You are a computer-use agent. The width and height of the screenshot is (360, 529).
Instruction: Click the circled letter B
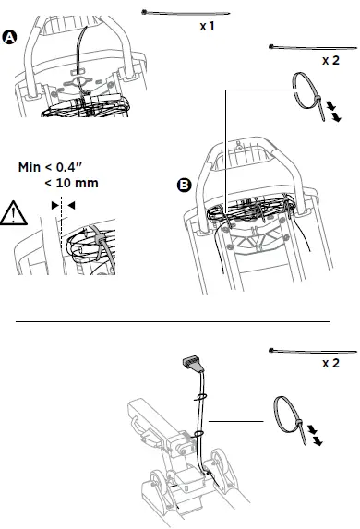point(184,186)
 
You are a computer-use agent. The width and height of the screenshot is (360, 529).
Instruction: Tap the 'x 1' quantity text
point(208,27)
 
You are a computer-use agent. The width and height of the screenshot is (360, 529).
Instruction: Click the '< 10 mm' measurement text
point(71,183)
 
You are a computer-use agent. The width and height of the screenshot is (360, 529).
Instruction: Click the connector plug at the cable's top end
point(192,361)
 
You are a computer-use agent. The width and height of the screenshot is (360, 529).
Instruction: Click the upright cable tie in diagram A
point(84,45)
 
